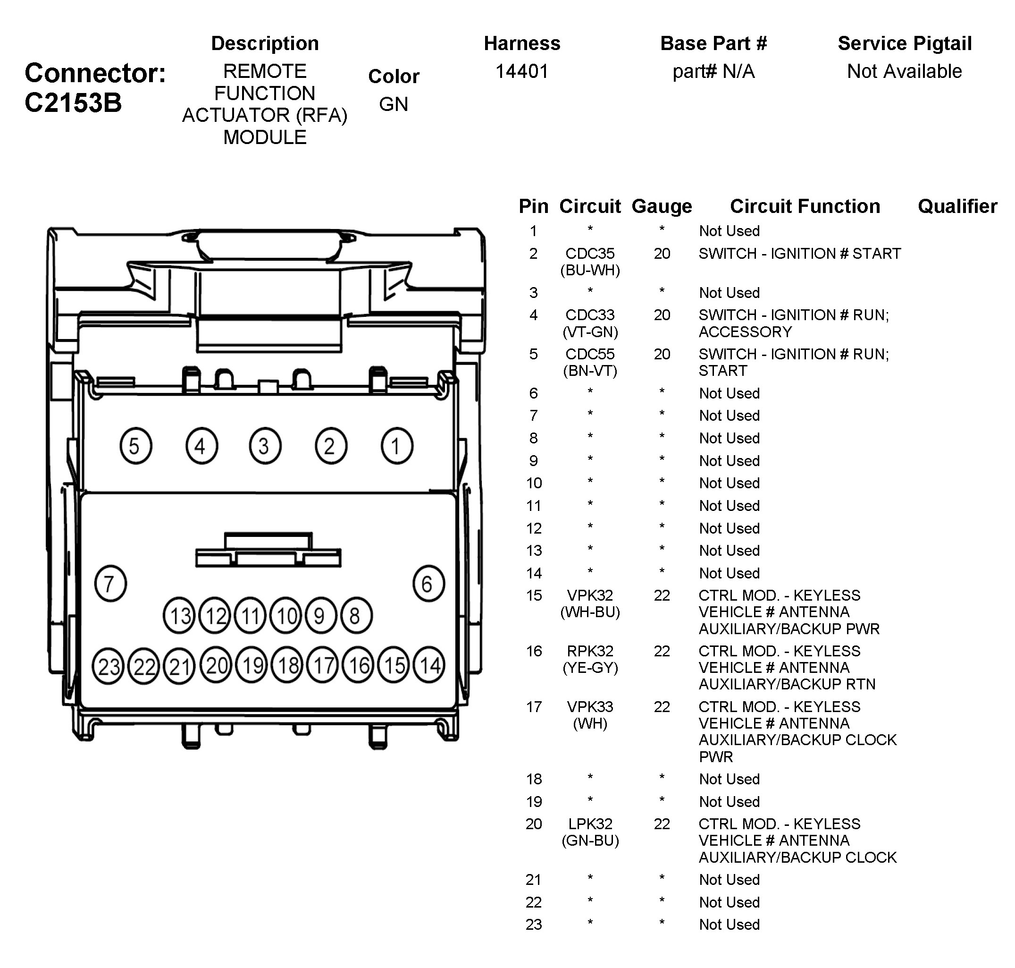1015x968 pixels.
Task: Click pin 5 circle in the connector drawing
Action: tap(135, 446)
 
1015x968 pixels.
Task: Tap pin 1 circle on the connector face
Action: tap(397, 446)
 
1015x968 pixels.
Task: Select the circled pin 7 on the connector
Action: tap(110, 584)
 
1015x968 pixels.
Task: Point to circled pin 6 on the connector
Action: tap(428, 584)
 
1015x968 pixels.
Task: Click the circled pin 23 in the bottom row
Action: tap(109, 666)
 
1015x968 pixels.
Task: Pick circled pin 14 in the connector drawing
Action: tap(429, 666)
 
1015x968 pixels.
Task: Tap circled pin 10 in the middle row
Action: tap(286, 616)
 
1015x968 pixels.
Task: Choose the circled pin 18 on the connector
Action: tap(287, 666)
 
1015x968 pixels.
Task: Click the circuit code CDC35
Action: tap(589, 254)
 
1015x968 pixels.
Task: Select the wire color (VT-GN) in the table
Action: tap(589, 332)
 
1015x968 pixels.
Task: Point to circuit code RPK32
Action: tap(589, 651)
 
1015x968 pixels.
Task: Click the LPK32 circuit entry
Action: tap(589, 824)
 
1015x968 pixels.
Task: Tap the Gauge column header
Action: tap(661, 206)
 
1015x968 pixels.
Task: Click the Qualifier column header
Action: tap(957, 206)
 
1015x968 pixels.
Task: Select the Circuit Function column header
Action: tap(805, 206)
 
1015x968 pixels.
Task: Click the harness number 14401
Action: tap(521, 71)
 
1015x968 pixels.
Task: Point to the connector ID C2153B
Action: tap(73, 102)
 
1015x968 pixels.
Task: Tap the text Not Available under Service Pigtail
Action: tap(904, 71)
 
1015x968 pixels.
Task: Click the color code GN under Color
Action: tap(394, 104)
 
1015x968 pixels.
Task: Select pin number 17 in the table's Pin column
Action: tap(534, 707)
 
